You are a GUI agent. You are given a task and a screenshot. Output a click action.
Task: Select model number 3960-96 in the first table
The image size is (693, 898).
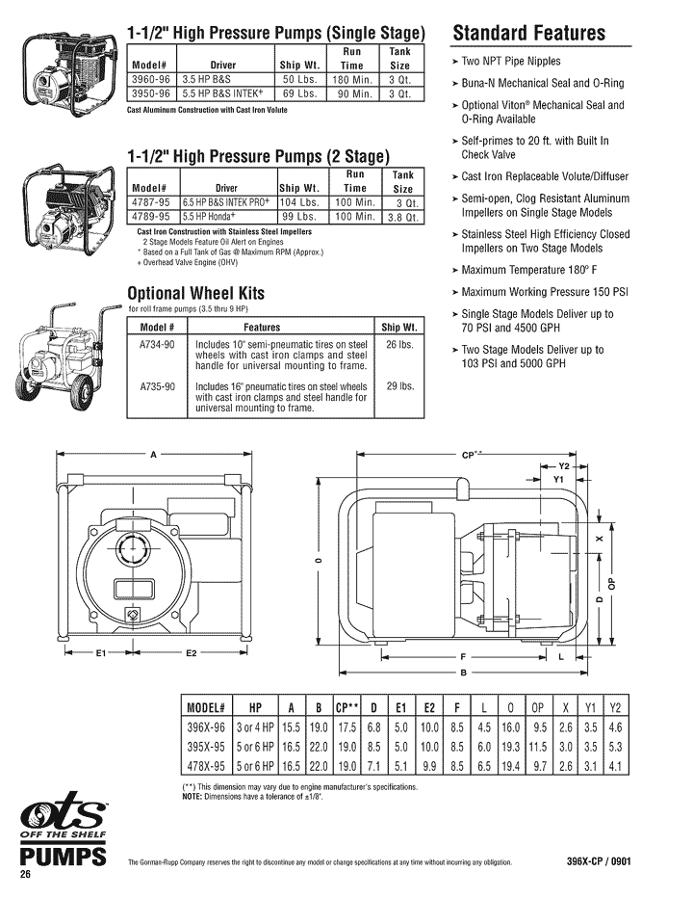[x=150, y=79]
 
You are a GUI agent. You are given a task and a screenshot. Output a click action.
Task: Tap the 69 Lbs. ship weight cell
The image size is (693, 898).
[x=299, y=93]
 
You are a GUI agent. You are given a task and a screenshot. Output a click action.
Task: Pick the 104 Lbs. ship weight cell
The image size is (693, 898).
[x=300, y=202]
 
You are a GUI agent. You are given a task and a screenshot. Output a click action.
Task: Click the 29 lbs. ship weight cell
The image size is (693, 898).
[x=398, y=386]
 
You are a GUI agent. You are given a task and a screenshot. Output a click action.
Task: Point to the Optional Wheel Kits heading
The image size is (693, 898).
[x=195, y=293]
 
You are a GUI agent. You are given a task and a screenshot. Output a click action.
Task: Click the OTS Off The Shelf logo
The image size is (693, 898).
[x=64, y=821]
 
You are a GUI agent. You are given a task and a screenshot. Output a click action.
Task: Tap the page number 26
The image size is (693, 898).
[x=27, y=873]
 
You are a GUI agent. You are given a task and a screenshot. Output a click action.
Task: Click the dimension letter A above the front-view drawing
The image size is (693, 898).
[x=153, y=456]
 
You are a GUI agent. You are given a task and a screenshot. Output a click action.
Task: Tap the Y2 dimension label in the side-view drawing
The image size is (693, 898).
[x=565, y=465]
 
